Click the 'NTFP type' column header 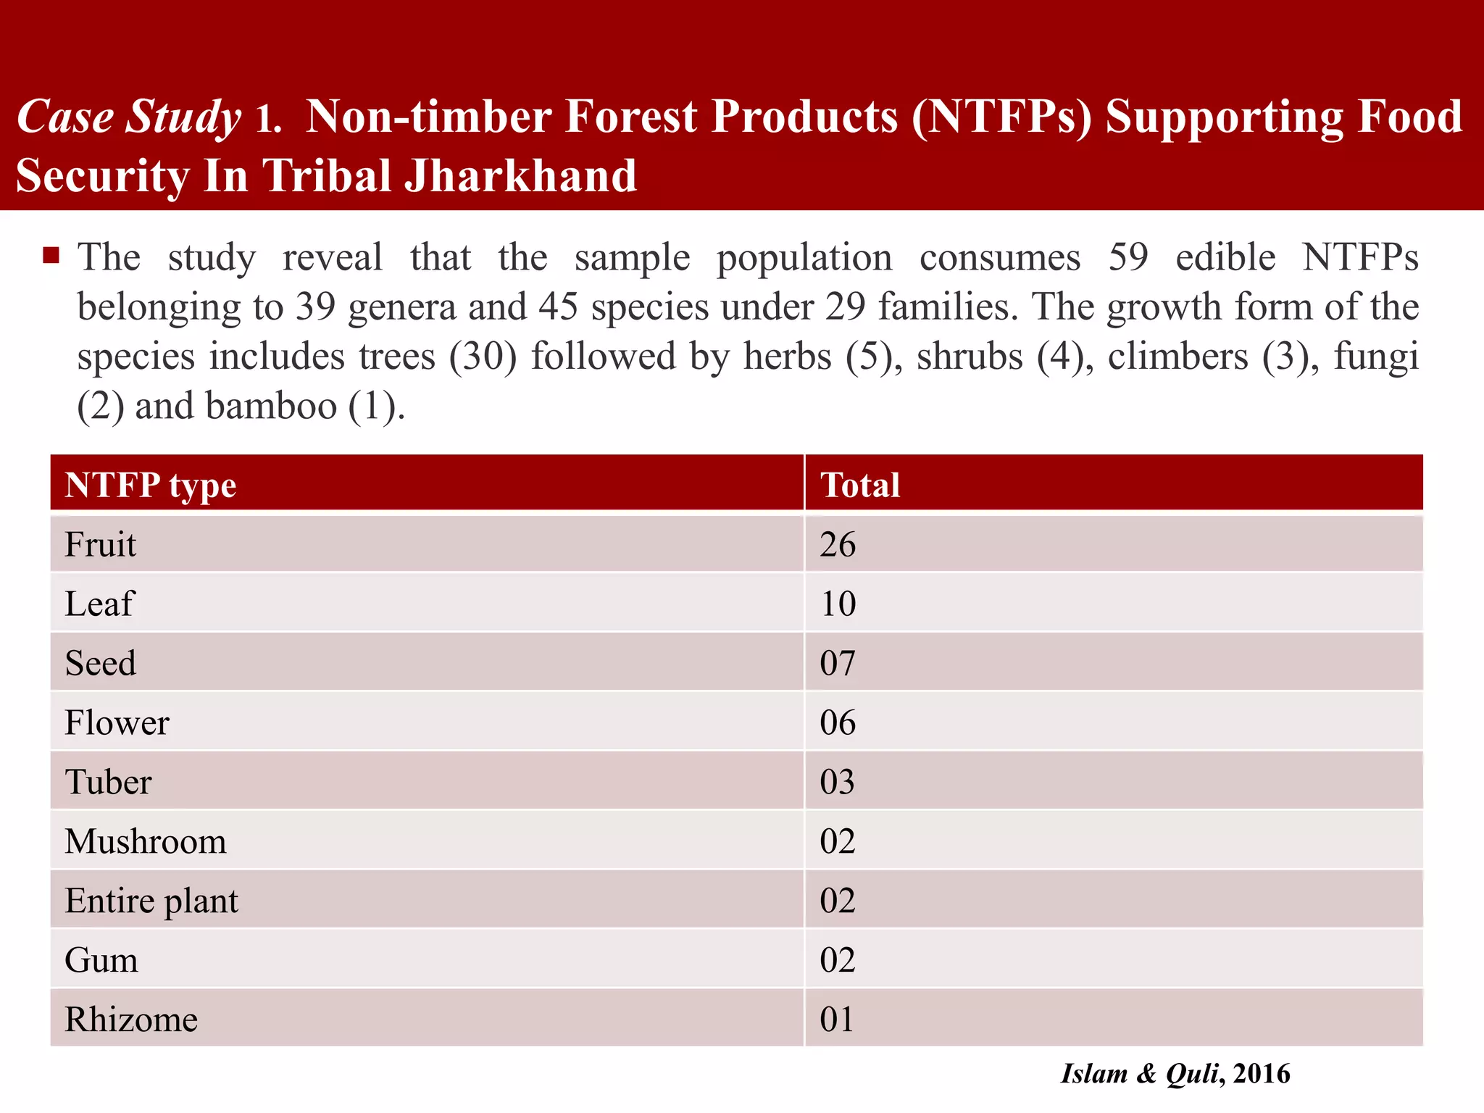click(x=150, y=485)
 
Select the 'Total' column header click(x=860, y=485)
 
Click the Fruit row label click(x=100, y=544)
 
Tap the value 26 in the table click(x=838, y=544)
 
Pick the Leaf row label click(x=99, y=604)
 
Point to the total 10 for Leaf click(x=838, y=604)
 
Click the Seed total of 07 click(x=838, y=663)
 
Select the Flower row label click(x=117, y=722)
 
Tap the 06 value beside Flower click(x=838, y=722)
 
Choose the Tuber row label click(x=108, y=782)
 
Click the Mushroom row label click(x=145, y=841)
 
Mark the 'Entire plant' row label click(x=151, y=901)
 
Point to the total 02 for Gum click(x=838, y=960)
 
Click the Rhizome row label click(x=130, y=1020)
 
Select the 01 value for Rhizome click(x=836, y=1020)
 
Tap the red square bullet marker click(x=51, y=255)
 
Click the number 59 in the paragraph click(x=1128, y=257)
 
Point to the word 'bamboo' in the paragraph click(x=271, y=406)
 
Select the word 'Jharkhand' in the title click(x=520, y=176)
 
